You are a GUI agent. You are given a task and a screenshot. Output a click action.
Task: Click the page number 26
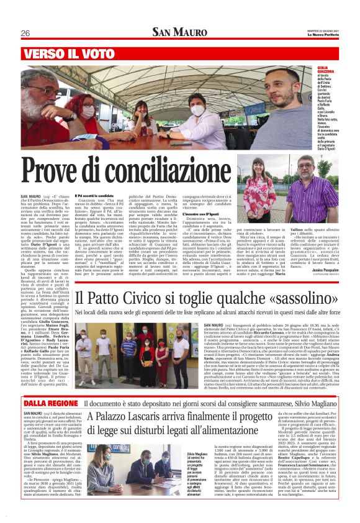[x=26, y=33]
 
